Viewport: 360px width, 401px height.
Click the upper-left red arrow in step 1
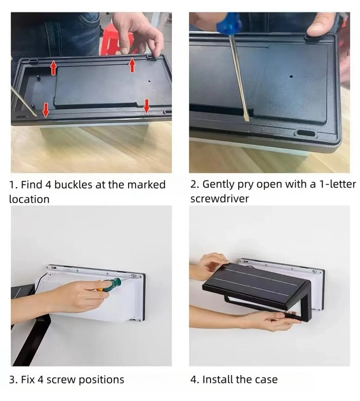point(53,68)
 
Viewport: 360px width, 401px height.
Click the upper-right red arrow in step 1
point(132,65)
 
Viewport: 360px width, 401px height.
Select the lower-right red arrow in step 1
point(146,106)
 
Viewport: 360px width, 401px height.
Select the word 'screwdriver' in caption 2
point(219,198)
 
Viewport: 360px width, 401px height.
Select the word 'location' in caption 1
point(29,198)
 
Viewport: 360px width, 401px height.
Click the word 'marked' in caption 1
point(146,185)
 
